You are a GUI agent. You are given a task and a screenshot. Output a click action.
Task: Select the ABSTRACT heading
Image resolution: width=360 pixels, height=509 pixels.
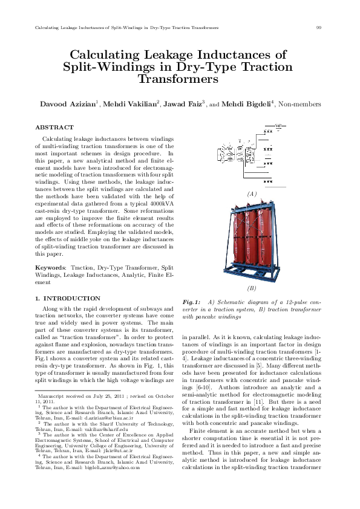[54, 128]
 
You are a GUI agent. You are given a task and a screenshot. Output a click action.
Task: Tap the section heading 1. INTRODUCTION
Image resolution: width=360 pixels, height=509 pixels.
[68, 299]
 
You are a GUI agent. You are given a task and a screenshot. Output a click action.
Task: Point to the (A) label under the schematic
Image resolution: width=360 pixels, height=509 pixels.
[252, 193]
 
